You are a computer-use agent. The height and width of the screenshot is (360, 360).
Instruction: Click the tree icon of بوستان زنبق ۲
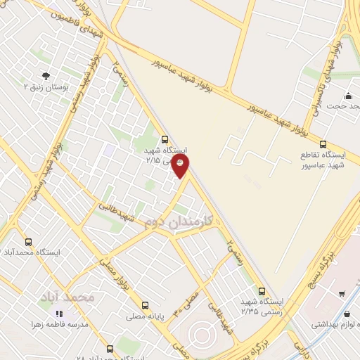(46, 75)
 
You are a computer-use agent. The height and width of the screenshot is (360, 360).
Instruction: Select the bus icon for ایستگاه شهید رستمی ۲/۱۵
(165, 139)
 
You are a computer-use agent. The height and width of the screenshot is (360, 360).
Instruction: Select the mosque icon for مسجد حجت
(348, 96)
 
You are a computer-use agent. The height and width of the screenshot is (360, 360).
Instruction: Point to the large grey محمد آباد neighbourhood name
(73, 297)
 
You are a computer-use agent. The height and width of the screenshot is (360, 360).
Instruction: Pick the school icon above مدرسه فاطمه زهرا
(59, 314)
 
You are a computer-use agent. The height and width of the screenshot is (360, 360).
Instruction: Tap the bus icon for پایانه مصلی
(146, 305)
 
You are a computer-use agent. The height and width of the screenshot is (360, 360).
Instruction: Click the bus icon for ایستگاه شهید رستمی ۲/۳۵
(262, 290)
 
